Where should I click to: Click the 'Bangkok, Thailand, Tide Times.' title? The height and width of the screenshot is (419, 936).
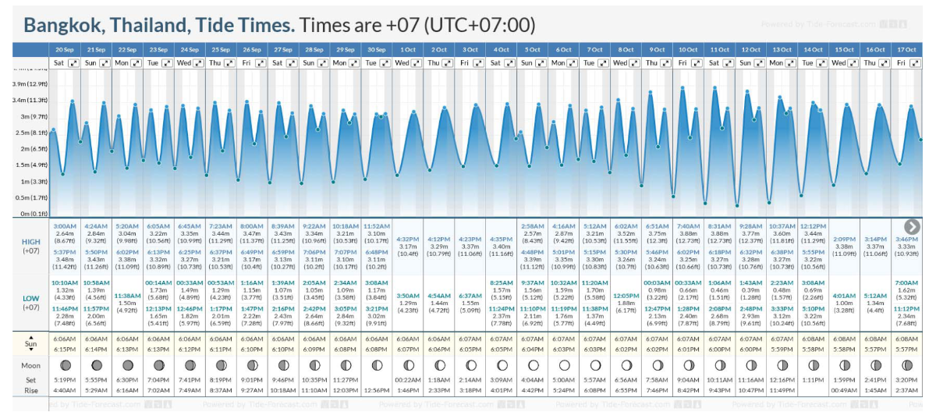point(160,25)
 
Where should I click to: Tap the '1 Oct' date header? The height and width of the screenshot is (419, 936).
point(407,49)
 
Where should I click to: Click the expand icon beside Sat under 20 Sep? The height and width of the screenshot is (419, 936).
point(73,62)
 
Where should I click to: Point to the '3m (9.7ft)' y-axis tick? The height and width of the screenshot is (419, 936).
point(36,116)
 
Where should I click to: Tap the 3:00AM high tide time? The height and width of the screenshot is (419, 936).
point(66,226)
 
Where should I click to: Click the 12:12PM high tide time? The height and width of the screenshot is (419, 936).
point(813,226)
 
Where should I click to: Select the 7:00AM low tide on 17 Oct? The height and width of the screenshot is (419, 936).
point(906,282)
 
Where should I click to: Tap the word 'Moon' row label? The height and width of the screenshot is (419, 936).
point(31,365)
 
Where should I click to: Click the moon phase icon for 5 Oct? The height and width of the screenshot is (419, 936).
point(532,365)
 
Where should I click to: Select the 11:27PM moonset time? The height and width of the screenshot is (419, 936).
point(345,380)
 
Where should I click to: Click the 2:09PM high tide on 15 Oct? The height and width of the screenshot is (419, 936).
point(844,239)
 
